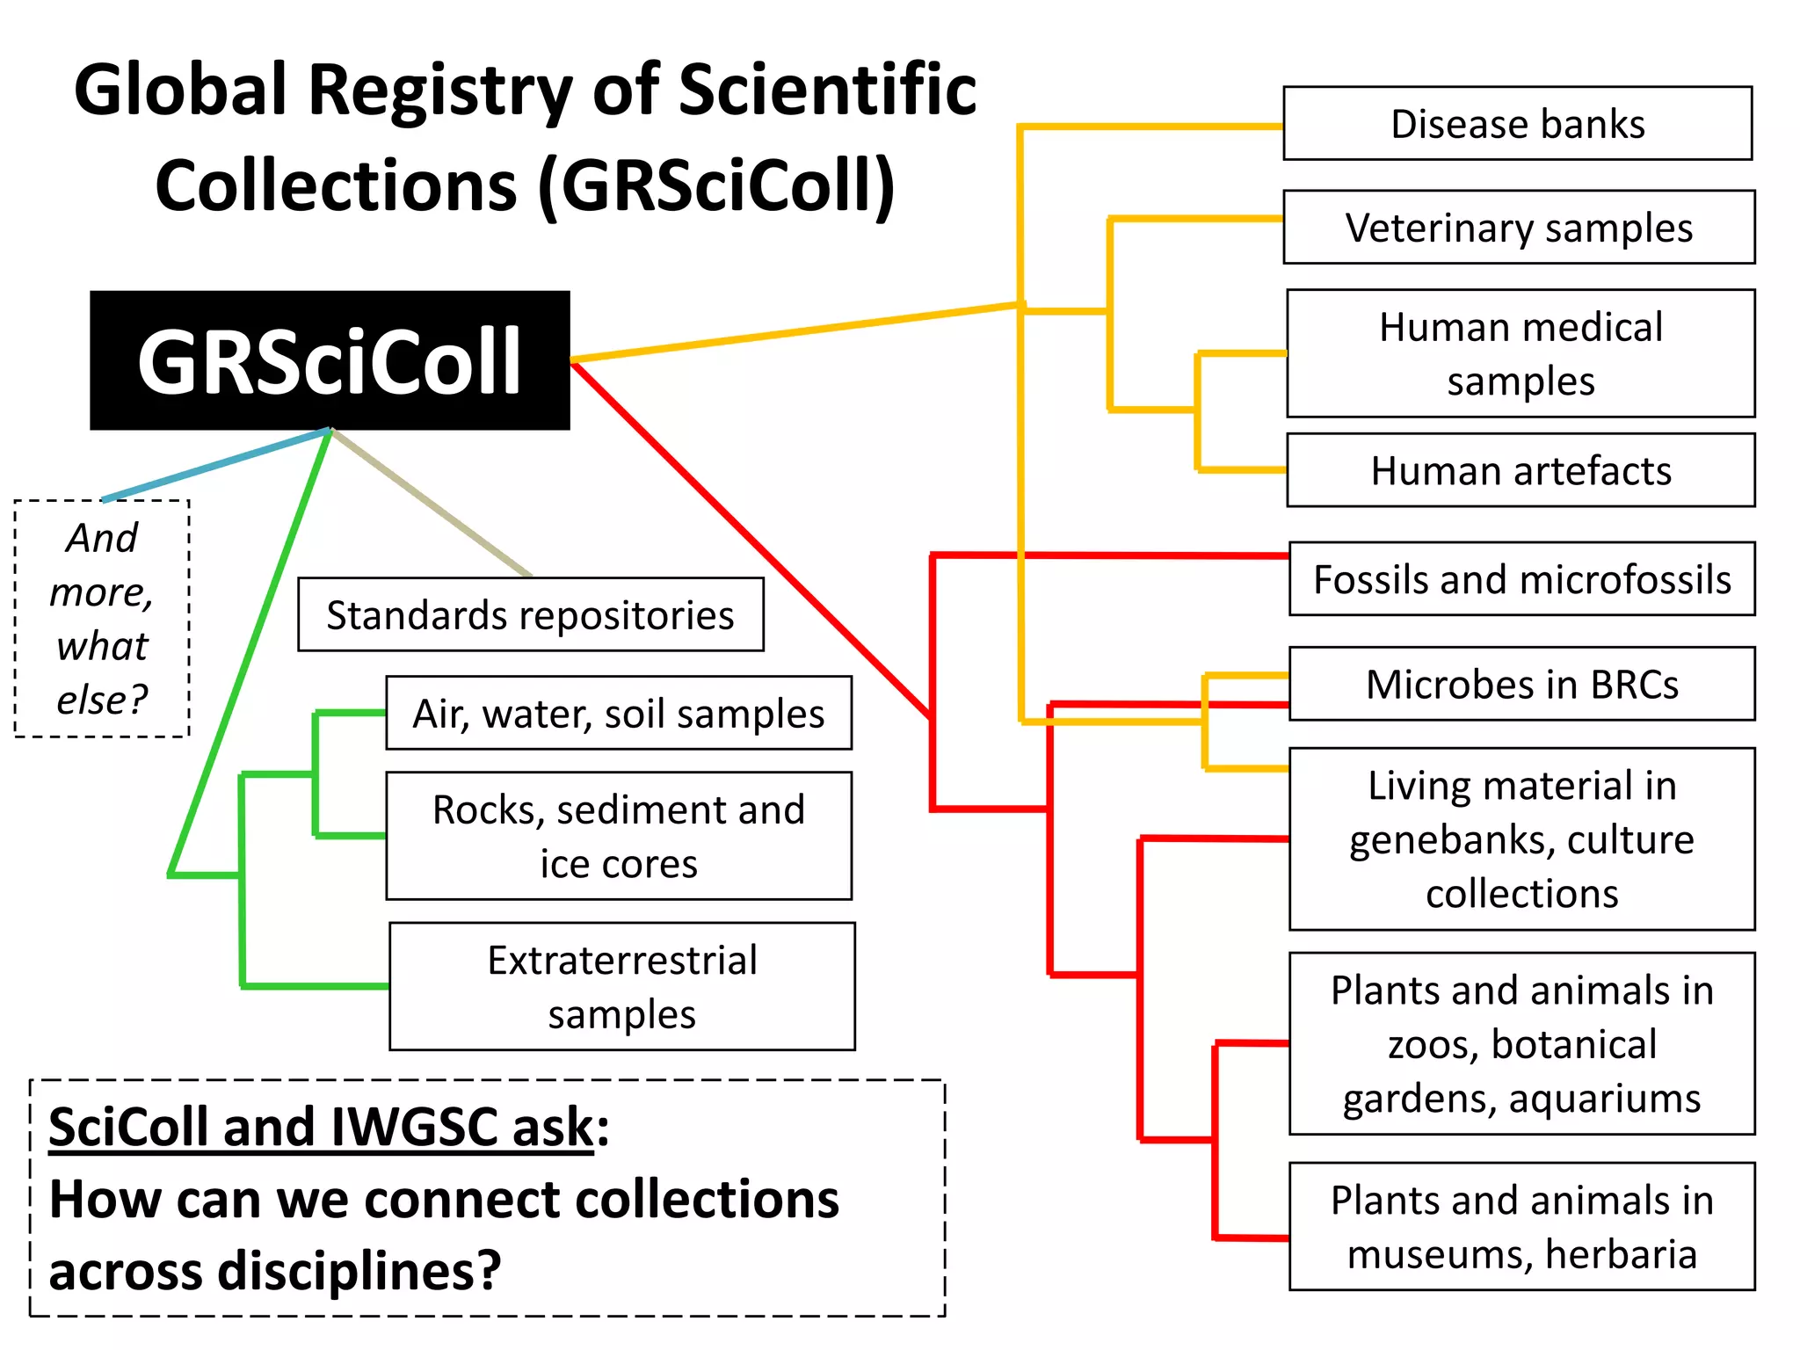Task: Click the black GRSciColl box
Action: (x=330, y=360)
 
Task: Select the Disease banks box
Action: (x=1517, y=124)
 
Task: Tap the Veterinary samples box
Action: (x=1519, y=228)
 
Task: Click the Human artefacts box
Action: (x=1521, y=471)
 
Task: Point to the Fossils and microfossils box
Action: (x=1521, y=579)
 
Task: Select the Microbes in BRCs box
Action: (x=1521, y=685)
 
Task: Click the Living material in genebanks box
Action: (x=1521, y=839)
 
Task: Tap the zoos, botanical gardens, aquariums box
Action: (x=1521, y=1044)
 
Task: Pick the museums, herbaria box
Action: (x=1521, y=1227)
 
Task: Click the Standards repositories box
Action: (x=530, y=615)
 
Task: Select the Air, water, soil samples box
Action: (x=619, y=714)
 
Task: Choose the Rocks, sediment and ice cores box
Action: (x=619, y=837)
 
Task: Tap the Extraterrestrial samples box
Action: (x=622, y=987)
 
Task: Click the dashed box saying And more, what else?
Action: (x=102, y=619)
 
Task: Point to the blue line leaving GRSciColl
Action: (x=215, y=465)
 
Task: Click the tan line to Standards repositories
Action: (x=431, y=503)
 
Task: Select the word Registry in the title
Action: (x=441, y=91)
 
